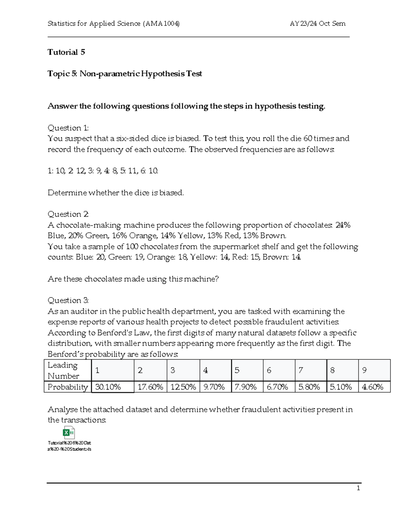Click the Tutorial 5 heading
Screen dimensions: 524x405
(x=66, y=52)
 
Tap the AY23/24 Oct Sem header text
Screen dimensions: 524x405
(x=317, y=23)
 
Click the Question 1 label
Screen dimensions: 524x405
(x=68, y=128)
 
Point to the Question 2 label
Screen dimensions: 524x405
(x=68, y=214)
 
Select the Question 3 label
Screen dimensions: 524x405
(x=68, y=300)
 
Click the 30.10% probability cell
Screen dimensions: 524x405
(x=108, y=387)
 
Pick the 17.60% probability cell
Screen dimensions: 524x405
(x=150, y=387)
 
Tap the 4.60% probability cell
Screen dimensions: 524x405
(x=372, y=387)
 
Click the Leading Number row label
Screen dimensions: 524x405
(x=63, y=370)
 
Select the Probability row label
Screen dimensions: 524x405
(x=67, y=387)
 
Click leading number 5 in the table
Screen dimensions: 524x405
(x=237, y=370)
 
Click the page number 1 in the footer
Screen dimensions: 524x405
(x=358, y=488)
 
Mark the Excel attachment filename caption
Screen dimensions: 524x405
(x=70, y=446)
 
